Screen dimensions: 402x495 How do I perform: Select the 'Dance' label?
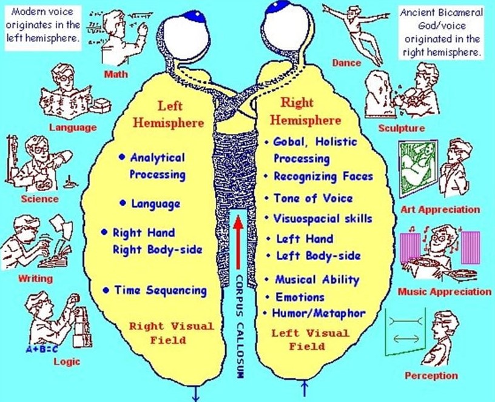(346, 62)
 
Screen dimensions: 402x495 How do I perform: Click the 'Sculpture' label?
(402, 128)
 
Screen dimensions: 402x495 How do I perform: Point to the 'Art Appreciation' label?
(440, 210)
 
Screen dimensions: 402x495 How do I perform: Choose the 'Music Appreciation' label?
(445, 292)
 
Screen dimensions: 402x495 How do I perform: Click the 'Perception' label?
(431, 375)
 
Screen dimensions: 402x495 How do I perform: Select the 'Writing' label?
(36, 279)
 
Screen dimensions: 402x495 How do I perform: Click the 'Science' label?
(39, 198)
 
